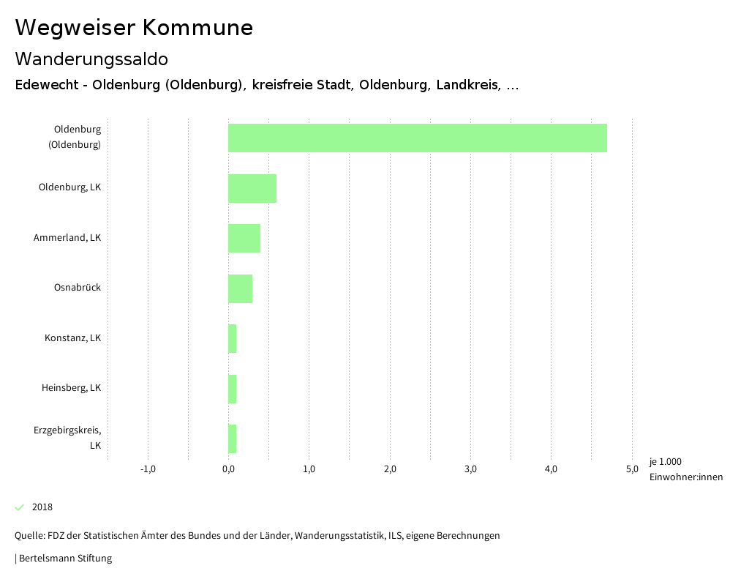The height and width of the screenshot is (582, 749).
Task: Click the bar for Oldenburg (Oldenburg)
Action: (417, 138)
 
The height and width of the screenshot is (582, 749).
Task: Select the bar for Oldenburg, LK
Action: (252, 188)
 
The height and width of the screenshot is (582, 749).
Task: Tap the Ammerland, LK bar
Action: (244, 238)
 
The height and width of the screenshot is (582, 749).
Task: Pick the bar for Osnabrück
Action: (240, 288)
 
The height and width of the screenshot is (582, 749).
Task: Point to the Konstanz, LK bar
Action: (233, 338)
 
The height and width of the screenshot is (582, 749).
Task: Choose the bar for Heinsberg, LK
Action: (233, 389)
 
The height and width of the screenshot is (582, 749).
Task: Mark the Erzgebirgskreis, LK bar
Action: (233, 439)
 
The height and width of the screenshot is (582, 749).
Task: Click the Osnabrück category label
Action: (78, 288)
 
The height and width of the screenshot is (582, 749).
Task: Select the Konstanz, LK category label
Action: (72, 338)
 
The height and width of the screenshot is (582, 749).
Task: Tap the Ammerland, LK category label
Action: (67, 238)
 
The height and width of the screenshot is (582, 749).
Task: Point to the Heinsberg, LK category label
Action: (71, 388)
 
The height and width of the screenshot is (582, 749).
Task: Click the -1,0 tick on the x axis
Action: (148, 469)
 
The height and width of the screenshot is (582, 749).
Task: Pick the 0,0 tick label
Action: (228, 469)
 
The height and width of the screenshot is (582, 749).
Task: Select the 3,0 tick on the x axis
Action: (470, 469)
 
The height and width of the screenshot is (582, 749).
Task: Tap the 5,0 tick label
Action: (632, 469)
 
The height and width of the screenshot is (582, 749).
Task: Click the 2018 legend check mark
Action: (20, 507)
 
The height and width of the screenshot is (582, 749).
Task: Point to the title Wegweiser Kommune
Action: (134, 28)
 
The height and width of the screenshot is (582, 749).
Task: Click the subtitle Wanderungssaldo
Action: (91, 59)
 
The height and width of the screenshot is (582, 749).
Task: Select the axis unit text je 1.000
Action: (665, 462)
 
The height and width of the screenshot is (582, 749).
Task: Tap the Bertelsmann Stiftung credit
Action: (64, 559)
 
